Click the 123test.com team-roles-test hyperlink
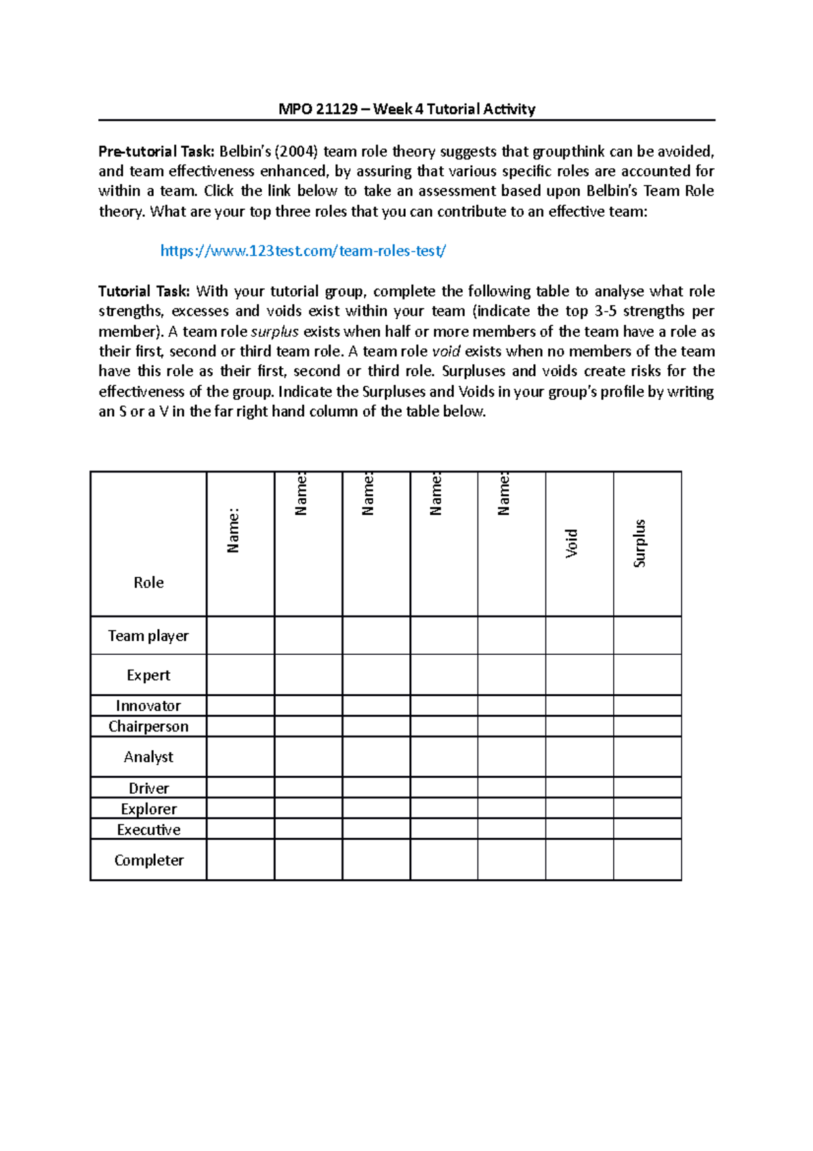click(x=303, y=251)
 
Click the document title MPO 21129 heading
click(x=406, y=109)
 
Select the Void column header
click(x=572, y=543)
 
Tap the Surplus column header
click(x=640, y=543)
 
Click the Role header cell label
click(x=148, y=582)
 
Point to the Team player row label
click(x=148, y=636)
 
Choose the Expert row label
click(x=148, y=675)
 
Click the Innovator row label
click(x=148, y=706)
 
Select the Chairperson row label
click(x=148, y=726)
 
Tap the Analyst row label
click(x=148, y=756)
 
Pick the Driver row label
click(x=148, y=788)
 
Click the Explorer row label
click(x=148, y=809)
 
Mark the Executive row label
click(x=148, y=830)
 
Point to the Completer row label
click(x=148, y=860)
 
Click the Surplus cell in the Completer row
click(x=647, y=860)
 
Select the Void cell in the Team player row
click(x=579, y=635)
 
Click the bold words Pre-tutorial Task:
click(x=157, y=151)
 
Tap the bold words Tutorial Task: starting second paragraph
click(x=144, y=291)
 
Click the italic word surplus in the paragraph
click(x=274, y=331)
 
